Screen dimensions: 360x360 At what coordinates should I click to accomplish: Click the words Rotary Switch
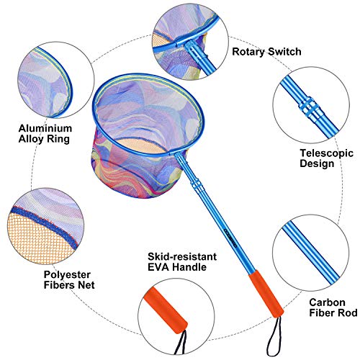[266, 52]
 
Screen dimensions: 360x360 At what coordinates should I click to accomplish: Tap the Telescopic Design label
[326, 158]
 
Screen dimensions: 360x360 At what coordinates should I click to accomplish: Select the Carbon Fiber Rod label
[333, 307]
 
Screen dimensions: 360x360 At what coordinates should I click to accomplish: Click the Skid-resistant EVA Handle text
[182, 262]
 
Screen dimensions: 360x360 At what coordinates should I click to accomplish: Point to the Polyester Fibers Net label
[69, 280]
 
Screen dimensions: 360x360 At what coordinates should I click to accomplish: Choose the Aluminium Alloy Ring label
[45, 134]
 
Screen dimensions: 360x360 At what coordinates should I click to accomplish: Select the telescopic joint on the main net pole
[197, 185]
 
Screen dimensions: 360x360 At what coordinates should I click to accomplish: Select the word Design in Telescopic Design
[317, 163]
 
